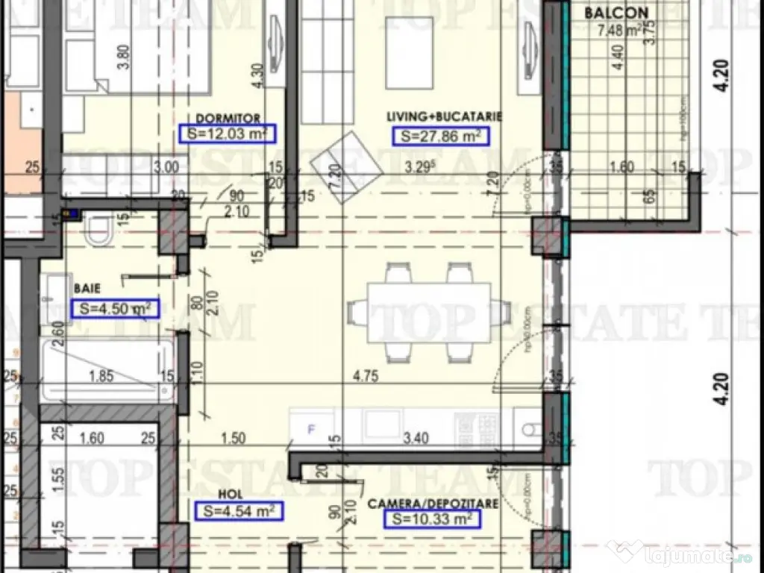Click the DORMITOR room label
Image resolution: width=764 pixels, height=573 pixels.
pyautogui.click(x=228, y=118)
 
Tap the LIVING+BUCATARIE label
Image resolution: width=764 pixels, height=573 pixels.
pyautogui.click(x=444, y=117)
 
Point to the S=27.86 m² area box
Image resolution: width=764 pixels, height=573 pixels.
pyautogui.click(x=440, y=136)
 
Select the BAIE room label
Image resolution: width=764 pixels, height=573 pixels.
pyautogui.click(x=87, y=286)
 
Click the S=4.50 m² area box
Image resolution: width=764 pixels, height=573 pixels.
pyautogui.click(x=115, y=307)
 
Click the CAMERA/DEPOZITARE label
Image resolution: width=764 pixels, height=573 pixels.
pyautogui.click(x=433, y=504)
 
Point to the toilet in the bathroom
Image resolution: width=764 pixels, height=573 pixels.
pyautogui.click(x=98, y=232)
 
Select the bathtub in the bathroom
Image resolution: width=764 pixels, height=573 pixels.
pyautogui.click(x=108, y=370)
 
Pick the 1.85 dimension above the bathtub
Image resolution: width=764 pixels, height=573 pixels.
pyautogui.click(x=102, y=376)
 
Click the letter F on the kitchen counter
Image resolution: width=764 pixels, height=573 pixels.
pyautogui.click(x=312, y=429)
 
